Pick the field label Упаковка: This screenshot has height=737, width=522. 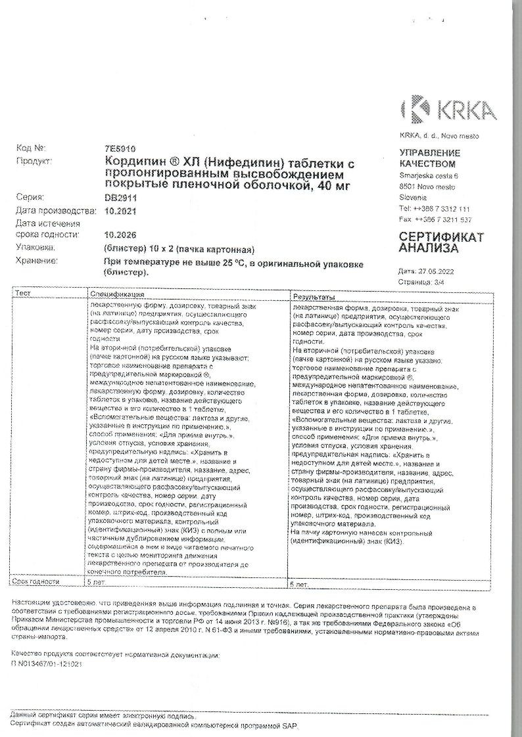(36, 248)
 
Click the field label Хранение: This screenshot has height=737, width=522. (37, 261)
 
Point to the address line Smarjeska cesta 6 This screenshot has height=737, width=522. (429, 175)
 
